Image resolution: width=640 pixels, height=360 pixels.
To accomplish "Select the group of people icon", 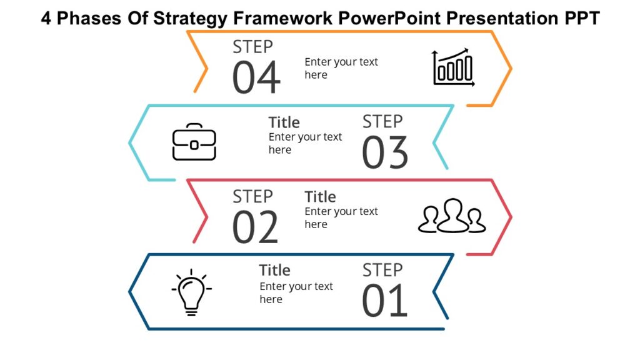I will click(451, 216).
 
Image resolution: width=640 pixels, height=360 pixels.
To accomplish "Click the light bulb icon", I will click(191, 292).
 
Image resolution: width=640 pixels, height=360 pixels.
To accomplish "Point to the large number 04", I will click(256, 78).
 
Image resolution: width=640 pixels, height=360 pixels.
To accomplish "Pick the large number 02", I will click(255, 227).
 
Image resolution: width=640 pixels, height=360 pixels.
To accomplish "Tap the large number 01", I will click(385, 301).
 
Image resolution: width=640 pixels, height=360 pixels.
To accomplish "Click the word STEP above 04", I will click(252, 47).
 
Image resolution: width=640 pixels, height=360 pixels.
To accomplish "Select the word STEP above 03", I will click(382, 121).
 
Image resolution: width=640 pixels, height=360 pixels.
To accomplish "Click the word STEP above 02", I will click(252, 196).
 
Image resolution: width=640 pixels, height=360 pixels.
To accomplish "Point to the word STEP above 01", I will click(382, 270).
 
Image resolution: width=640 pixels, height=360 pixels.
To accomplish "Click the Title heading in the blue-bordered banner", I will click(284, 122).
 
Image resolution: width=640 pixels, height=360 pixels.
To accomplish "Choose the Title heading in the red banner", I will click(320, 197).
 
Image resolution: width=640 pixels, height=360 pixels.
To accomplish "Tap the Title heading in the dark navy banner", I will click(274, 271).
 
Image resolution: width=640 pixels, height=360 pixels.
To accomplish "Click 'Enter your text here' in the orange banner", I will click(341, 68).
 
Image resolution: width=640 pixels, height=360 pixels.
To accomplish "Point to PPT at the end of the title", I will click(581, 19).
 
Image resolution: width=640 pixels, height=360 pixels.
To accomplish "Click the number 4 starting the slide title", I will click(46, 19).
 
